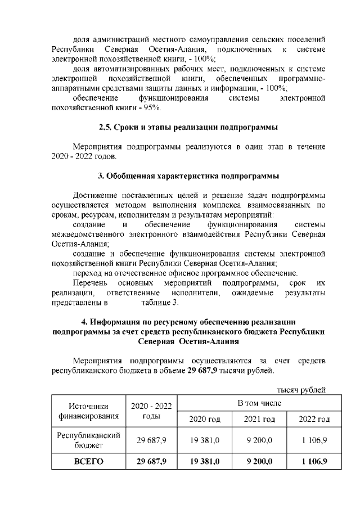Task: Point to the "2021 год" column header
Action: (x=258, y=420)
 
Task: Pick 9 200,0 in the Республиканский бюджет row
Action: (x=258, y=440)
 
